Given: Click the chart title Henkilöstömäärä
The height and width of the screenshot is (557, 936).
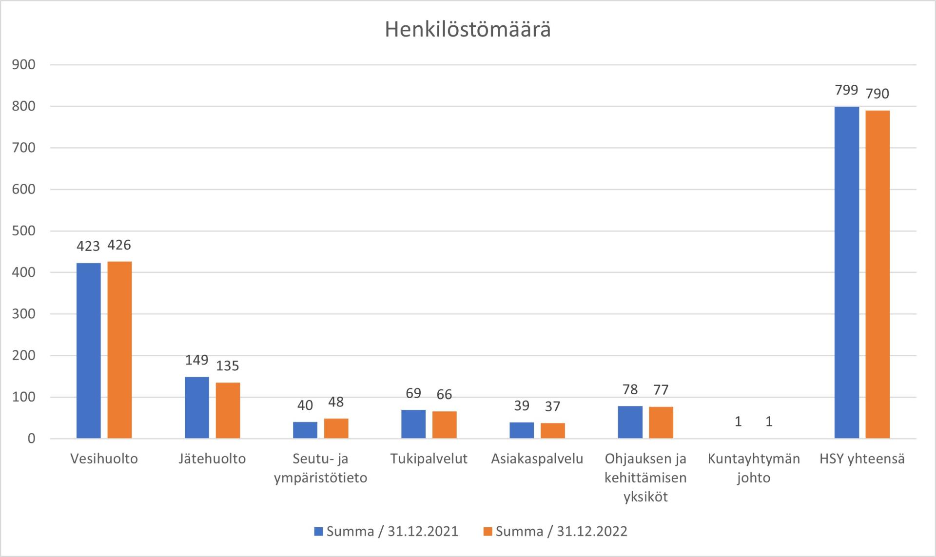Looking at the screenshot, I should coord(468,30).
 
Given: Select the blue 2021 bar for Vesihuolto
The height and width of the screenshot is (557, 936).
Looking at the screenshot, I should coord(89,351).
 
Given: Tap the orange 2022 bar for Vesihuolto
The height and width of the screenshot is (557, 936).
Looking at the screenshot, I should coord(119,350).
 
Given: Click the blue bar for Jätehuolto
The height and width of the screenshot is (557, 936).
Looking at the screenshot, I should coord(197,407).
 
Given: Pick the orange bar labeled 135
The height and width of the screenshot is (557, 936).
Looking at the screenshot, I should coord(228,410).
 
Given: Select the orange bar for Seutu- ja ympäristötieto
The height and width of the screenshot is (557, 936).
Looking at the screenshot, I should coord(336,428).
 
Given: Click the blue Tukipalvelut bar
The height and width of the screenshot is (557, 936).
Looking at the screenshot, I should coord(413,424).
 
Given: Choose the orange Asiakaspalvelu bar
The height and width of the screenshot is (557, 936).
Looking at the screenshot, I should coord(552,431).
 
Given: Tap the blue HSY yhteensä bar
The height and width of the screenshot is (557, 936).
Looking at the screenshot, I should coord(846,273).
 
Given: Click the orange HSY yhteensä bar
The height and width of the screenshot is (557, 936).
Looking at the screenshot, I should coord(877,274).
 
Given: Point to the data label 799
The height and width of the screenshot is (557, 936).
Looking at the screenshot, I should coord(846,90).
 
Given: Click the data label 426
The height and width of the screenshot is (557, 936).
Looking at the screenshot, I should coord(119,245).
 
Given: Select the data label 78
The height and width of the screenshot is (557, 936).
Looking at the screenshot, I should coord(630,389).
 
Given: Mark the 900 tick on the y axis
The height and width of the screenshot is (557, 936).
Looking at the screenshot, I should coord(24,65).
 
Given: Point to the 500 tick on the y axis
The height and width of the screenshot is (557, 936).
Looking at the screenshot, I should coord(24,231).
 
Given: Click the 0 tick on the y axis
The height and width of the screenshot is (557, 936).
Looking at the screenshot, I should coord(32,439).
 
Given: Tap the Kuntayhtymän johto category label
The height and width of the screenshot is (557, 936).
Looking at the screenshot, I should coord(754,468).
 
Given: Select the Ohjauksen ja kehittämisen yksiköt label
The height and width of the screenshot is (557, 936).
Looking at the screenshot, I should coord(645,478).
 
